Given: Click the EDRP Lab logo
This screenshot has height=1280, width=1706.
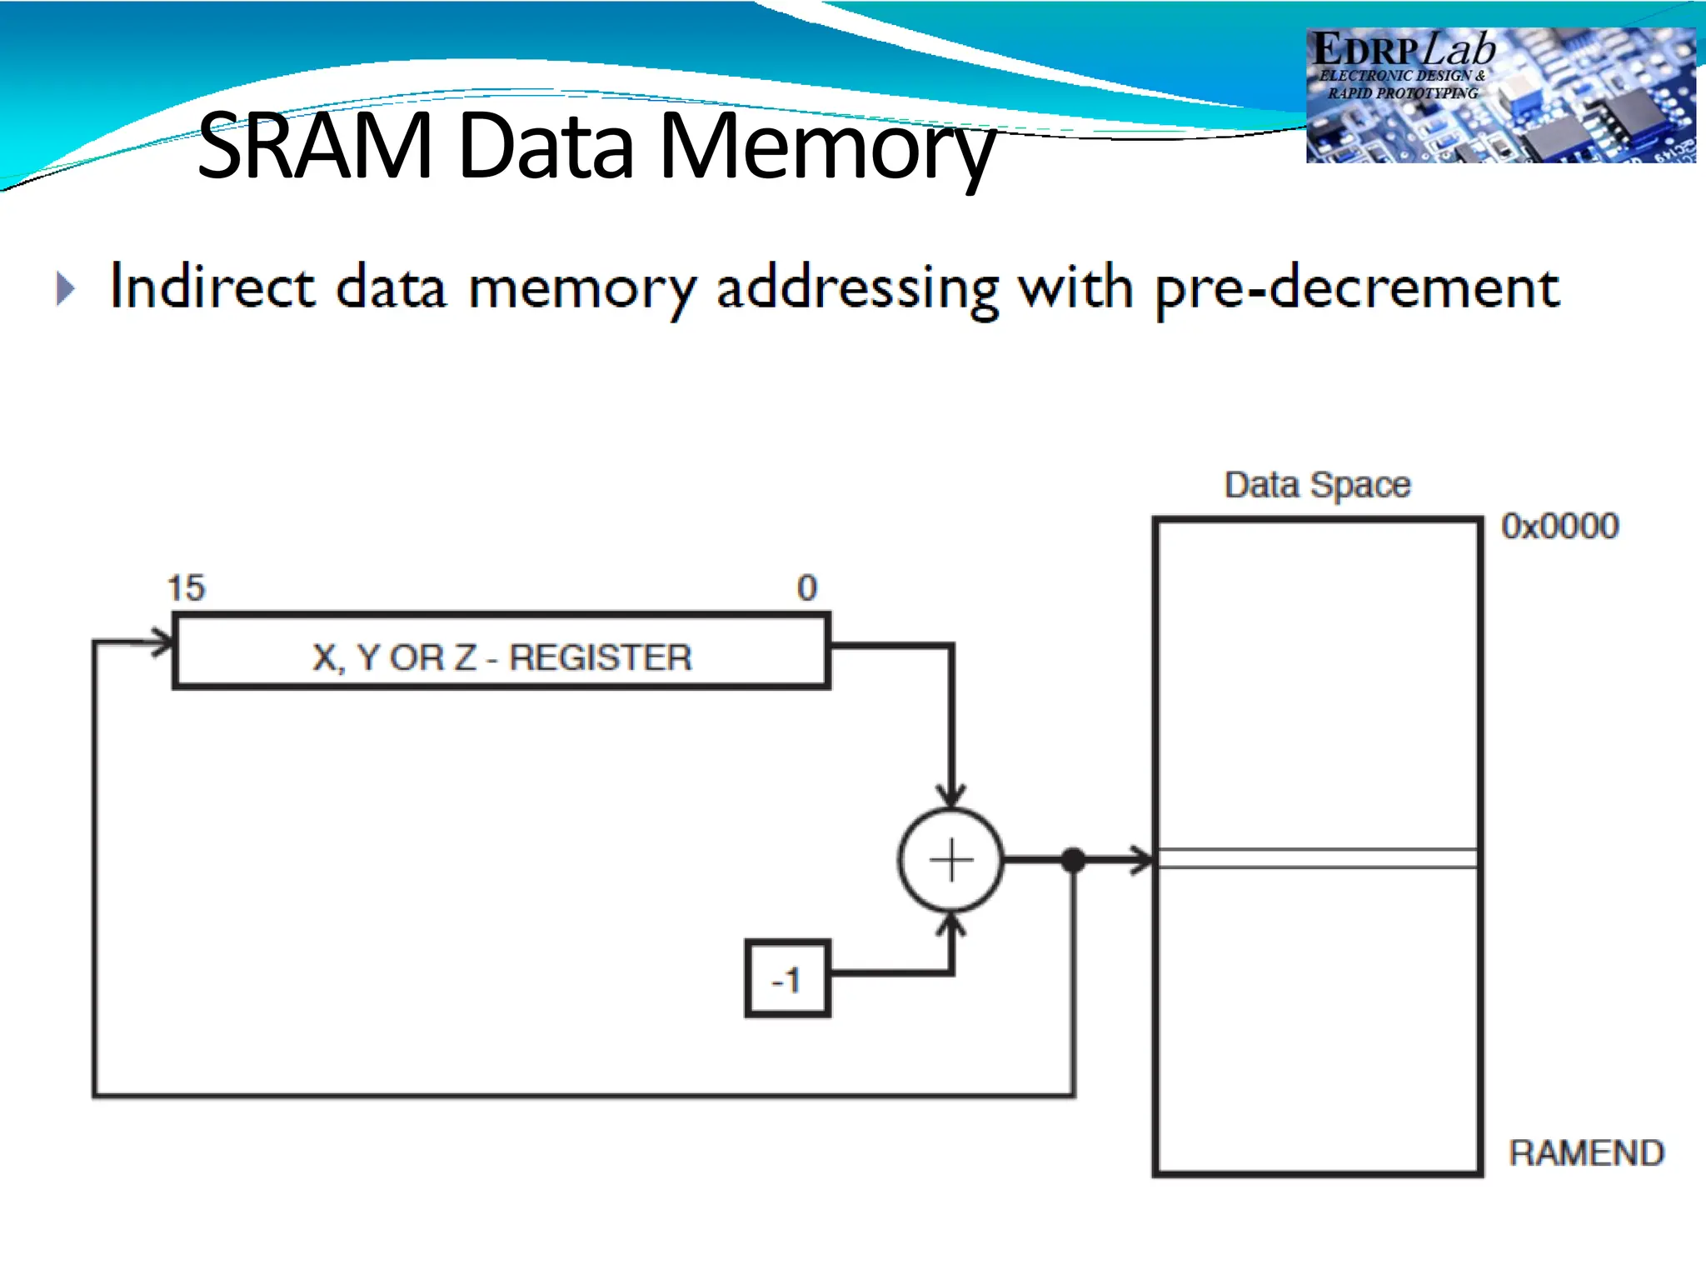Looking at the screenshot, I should coord(1499,95).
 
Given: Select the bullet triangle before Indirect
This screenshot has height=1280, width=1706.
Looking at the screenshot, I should coord(66,289).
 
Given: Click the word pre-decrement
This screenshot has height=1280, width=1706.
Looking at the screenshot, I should coord(1357,289).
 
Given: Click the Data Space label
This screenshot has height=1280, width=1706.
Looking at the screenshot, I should coord(1317,485).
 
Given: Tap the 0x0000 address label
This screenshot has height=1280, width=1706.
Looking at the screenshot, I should coord(1559,527).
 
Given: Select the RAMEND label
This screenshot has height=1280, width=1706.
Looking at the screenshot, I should coord(1586,1153).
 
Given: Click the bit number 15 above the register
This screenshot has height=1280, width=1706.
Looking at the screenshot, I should coord(186,588).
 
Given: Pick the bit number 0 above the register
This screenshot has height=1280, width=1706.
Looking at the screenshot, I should coord(806,588).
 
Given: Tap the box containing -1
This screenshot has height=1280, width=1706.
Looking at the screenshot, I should coord(787,979).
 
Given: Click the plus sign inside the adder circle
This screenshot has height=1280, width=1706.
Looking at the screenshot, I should coord(951,860).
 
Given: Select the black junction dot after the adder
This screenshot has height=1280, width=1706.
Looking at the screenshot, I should coord(1074,860).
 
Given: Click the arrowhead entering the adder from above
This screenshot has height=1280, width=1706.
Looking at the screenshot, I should coord(951,796).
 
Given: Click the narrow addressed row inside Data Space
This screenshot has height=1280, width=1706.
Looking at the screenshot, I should coord(1317,859).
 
